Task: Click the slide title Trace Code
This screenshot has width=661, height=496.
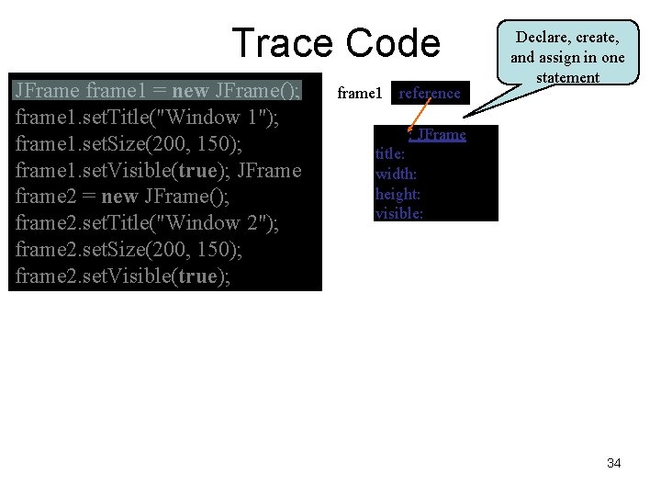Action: pos(336,43)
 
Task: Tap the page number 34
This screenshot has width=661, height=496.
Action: pos(613,463)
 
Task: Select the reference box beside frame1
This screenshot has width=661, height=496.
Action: pos(430,93)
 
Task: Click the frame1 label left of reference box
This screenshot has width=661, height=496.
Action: pos(360,93)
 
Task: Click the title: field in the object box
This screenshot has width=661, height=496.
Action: pos(391,154)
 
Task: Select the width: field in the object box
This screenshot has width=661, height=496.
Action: pos(397,174)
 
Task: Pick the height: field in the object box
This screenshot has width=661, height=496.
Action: pos(398,194)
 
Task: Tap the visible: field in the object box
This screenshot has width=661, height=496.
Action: pos(399,214)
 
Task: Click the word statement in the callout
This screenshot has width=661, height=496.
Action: pos(567,77)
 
